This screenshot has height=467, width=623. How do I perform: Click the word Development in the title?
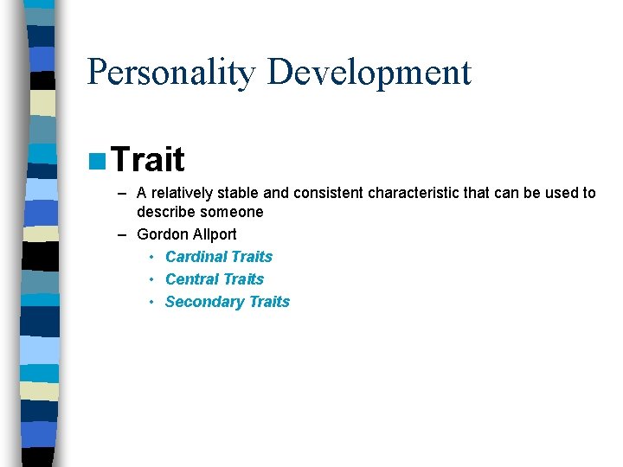click(x=369, y=72)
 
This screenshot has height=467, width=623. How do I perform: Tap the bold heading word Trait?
click(x=148, y=159)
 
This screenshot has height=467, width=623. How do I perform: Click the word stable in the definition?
click(x=236, y=193)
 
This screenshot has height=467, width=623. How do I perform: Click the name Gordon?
click(x=160, y=234)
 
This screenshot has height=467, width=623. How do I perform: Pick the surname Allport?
click(x=212, y=234)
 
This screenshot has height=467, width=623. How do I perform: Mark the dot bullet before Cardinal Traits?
click(x=151, y=257)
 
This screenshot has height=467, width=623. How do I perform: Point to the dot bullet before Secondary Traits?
click(x=151, y=302)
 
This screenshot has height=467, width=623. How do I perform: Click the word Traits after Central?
click(x=243, y=279)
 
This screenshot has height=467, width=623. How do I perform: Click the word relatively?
click(x=182, y=193)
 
